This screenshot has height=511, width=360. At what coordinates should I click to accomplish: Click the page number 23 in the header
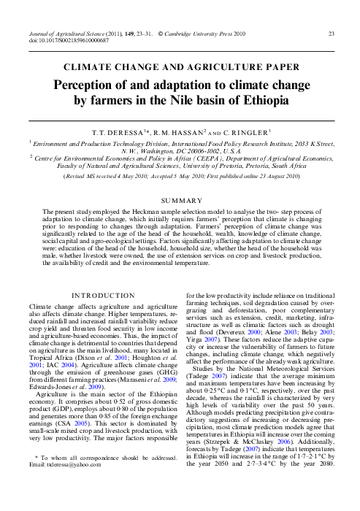coord(332,34)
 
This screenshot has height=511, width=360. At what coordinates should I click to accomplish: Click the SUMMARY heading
coord(180,199)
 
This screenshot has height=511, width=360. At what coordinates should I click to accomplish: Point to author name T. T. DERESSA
coord(134,133)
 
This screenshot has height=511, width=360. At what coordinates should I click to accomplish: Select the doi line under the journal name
coord(66,41)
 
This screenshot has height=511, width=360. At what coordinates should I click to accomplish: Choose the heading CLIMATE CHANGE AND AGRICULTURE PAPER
coord(180,67)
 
